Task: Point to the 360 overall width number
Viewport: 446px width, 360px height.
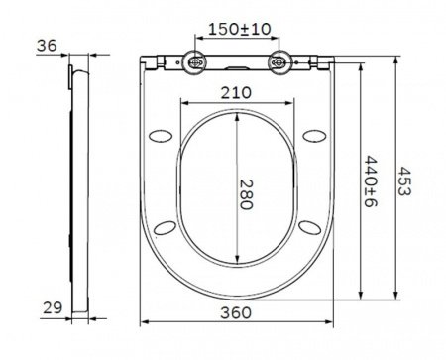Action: point(238,311)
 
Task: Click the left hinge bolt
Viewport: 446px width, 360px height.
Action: point(195,62)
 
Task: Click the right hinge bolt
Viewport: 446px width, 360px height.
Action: point(281,62)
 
